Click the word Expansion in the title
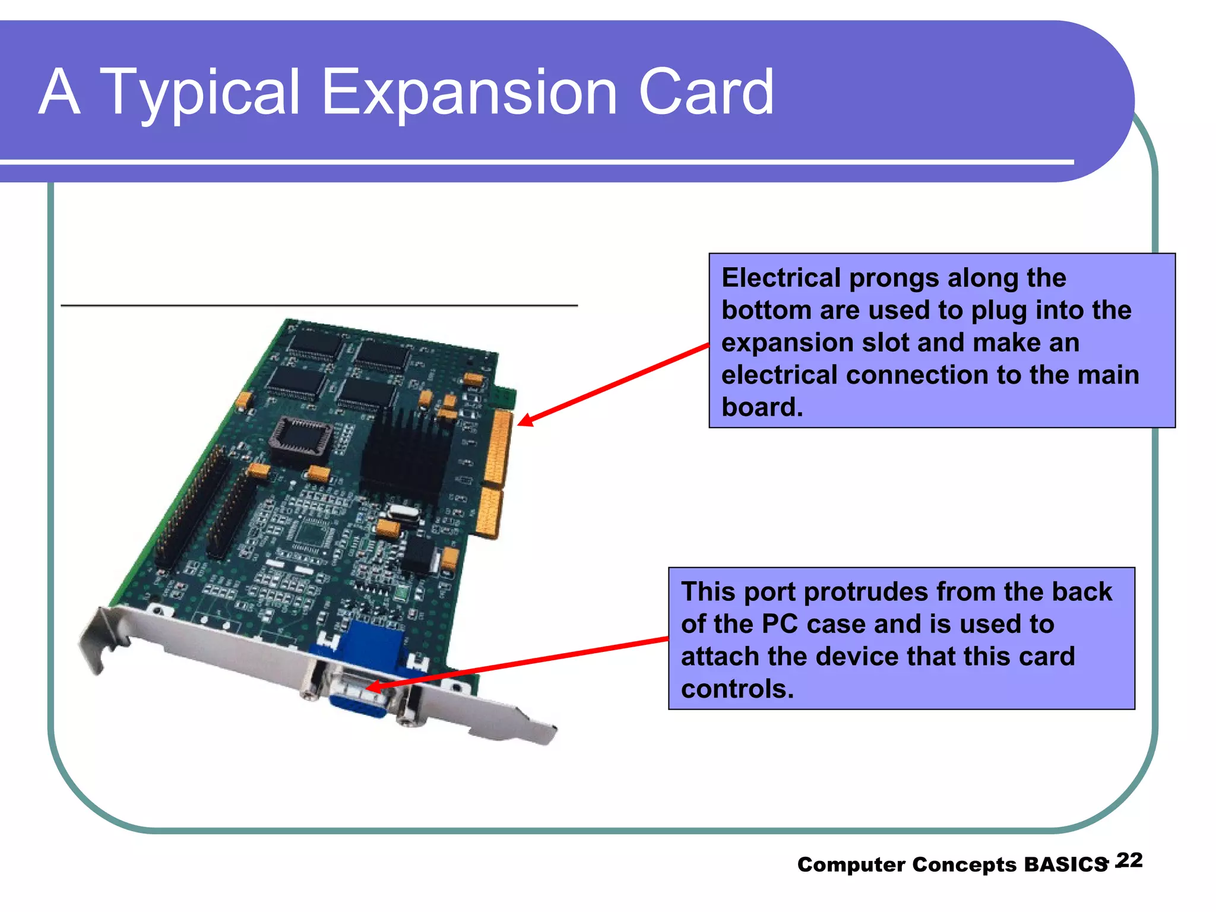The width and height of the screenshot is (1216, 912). [469, 93]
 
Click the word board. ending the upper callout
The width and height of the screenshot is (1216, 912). [762, 407]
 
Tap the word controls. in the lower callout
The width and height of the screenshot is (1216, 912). [737, 689]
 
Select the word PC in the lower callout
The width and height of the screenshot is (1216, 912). [780, 624]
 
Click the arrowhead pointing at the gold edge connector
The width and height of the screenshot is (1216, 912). [524, 421]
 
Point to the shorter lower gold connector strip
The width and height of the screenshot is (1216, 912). [490, 513]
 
